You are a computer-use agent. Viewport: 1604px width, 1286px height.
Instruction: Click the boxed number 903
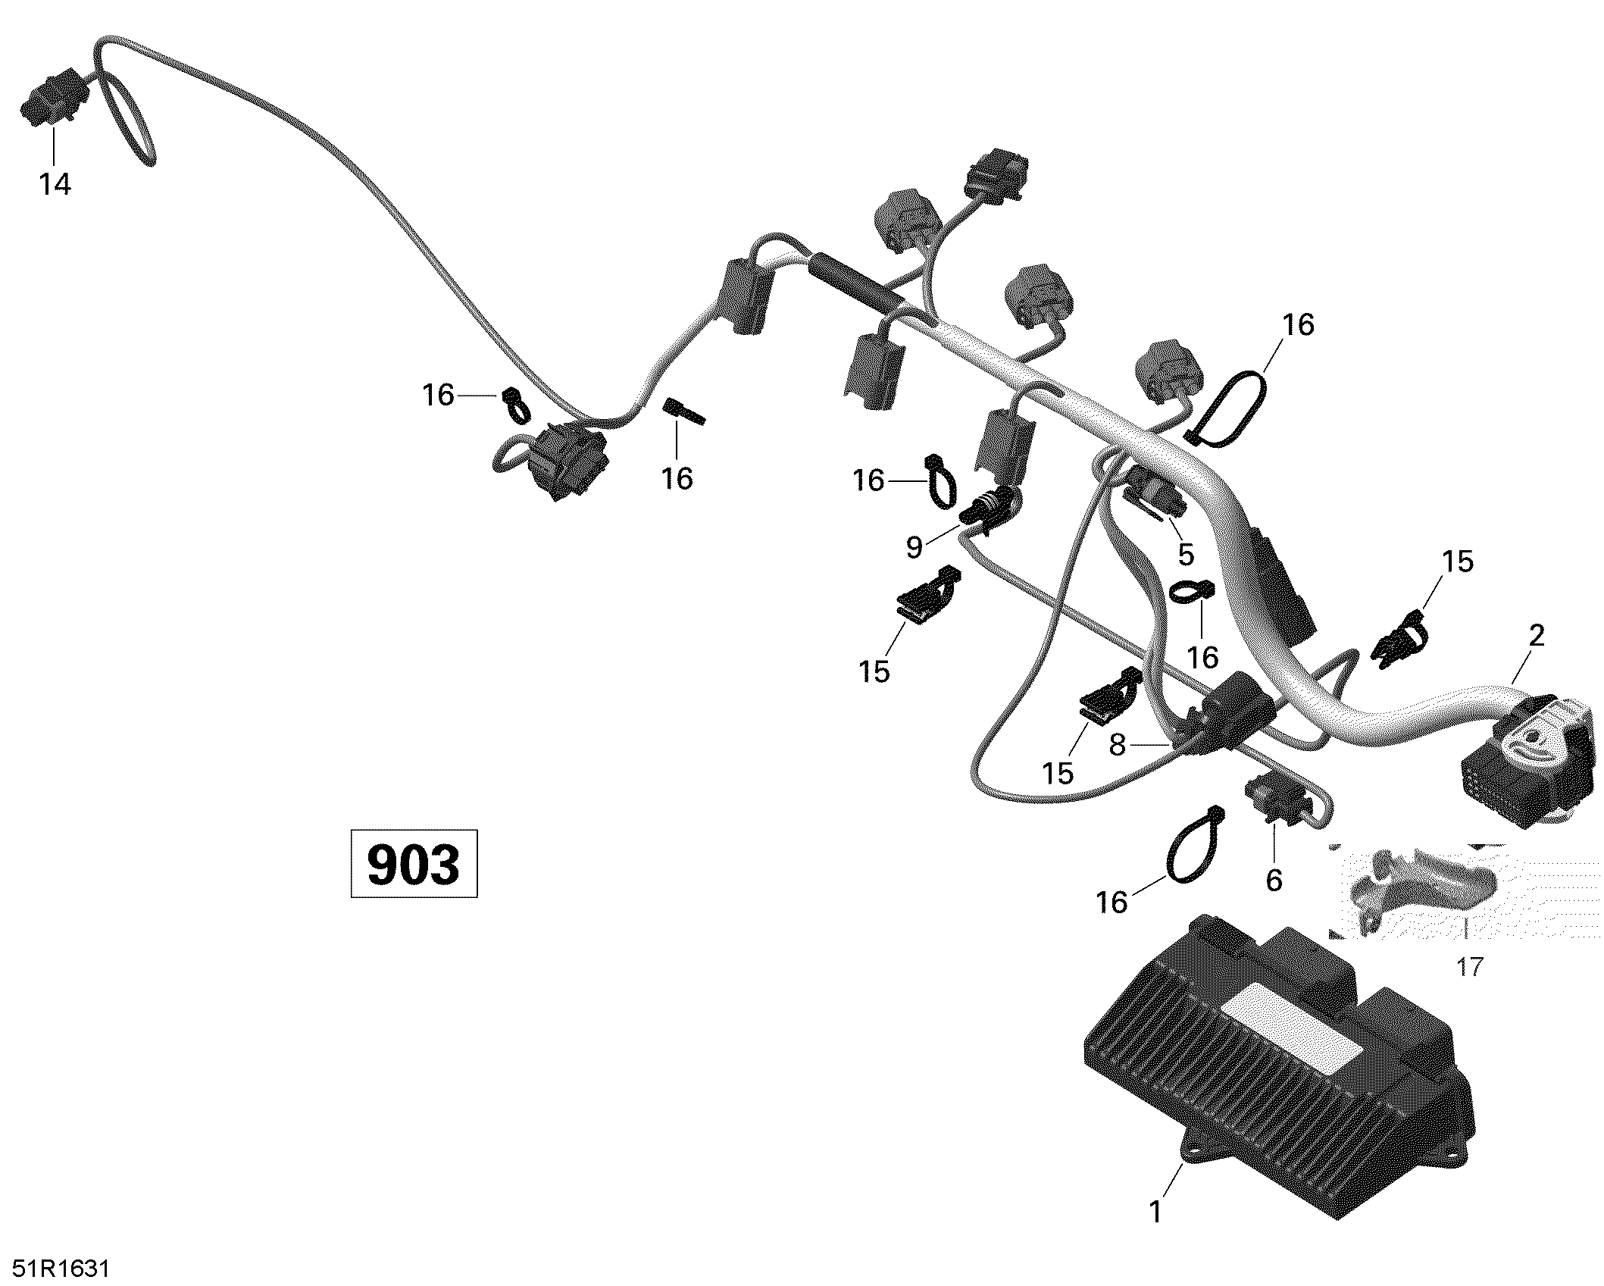(414, 864)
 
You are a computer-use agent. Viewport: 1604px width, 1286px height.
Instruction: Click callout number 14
(55, 184)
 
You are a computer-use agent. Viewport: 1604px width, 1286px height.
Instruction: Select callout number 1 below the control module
(1155, 1212)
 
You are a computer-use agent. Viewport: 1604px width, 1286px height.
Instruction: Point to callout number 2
(1536, 635)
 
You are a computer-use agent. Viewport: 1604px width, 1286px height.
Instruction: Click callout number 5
(1186, 555)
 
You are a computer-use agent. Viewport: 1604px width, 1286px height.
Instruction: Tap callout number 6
(1274, 880)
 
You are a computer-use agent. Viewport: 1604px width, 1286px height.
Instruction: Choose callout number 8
(1118, 746)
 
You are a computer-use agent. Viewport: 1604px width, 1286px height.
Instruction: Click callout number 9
(915, 547)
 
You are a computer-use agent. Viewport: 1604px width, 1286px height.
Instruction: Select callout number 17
(1469, 967)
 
